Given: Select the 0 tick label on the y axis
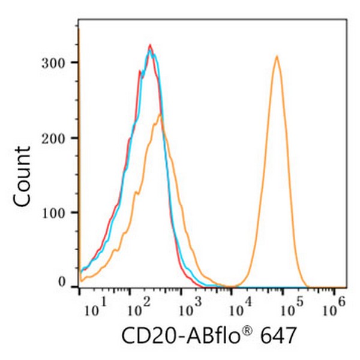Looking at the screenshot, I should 62,281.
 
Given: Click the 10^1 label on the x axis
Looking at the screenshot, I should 93,310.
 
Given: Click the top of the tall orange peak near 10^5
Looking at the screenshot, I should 277,56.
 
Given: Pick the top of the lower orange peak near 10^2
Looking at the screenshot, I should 160,114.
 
